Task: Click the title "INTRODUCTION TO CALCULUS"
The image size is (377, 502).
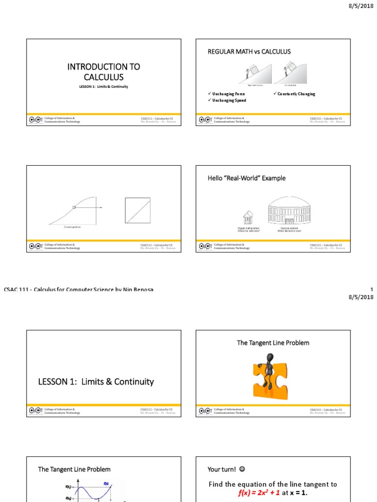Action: (104, 72)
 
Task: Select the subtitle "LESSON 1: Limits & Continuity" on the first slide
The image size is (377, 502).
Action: (104, 87)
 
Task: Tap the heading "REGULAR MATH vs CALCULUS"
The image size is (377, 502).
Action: (249, 51)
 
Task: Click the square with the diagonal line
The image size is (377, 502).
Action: (137, 210)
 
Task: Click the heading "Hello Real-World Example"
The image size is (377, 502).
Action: (246, 178)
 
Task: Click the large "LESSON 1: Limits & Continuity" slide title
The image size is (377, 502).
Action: (96, 381)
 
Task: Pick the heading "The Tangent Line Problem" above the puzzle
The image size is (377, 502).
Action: (273, 343)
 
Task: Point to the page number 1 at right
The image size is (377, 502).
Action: (372, 290)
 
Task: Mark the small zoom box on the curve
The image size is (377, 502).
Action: (74, 207)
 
